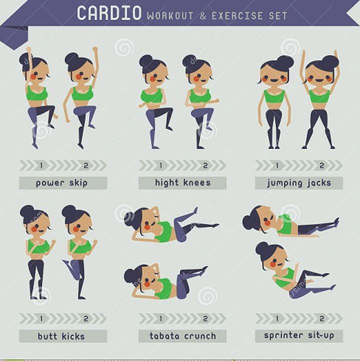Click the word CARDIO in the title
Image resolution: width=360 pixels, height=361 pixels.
click(109, 13)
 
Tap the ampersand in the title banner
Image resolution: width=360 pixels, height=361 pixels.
click(202, 16)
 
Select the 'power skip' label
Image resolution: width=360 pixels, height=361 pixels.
click(61, 183)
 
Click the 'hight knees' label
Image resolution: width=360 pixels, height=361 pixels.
click(182, 183)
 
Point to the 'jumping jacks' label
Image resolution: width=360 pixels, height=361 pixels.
click(299, 183)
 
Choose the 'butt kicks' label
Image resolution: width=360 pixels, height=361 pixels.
click(61, 336)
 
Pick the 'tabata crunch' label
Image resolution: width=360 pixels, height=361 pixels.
click(183, 336)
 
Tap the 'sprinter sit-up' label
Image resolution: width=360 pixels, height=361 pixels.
click(299, 335)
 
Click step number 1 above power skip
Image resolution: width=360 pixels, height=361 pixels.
click(41, 165)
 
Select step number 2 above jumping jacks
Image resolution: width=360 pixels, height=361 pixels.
click(322, 165)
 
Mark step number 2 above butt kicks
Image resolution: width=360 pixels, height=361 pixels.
click(86, 318)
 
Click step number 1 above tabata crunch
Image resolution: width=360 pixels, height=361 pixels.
click(161, 318)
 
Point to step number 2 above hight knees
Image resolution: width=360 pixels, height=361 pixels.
click(205, 165)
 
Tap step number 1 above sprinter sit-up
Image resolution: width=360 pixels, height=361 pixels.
click(277, 318)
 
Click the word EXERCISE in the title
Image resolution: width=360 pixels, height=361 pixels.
click(237, 16)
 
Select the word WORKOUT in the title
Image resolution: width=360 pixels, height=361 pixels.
click(170, 16)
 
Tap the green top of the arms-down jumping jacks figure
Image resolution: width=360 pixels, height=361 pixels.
click(274, 96)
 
